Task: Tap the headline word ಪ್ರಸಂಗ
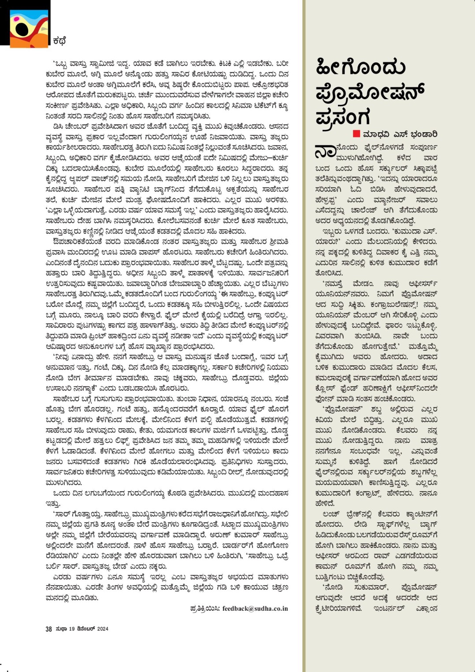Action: tap(343, 117)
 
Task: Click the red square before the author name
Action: tap(356, 134)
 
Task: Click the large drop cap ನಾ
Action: tap(325, 151)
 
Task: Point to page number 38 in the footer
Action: tap(49, 629)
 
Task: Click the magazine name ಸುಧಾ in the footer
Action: tap(61, 629)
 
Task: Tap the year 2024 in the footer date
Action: tap(102, 629)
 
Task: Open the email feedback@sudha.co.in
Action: tap(255, 609)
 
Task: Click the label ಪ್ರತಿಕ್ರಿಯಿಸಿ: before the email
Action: tap(205, 609)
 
